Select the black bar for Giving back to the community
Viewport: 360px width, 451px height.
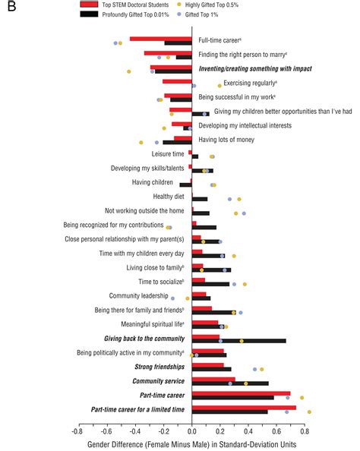pos(239,341)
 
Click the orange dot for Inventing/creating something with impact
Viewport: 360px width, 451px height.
pos(129,71)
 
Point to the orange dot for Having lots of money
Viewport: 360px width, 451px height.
pos(141,143)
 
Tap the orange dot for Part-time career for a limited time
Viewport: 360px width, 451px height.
pos(309,412)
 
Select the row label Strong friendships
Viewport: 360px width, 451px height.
pos(158,367)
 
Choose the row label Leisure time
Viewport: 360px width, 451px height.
pos(168,154)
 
